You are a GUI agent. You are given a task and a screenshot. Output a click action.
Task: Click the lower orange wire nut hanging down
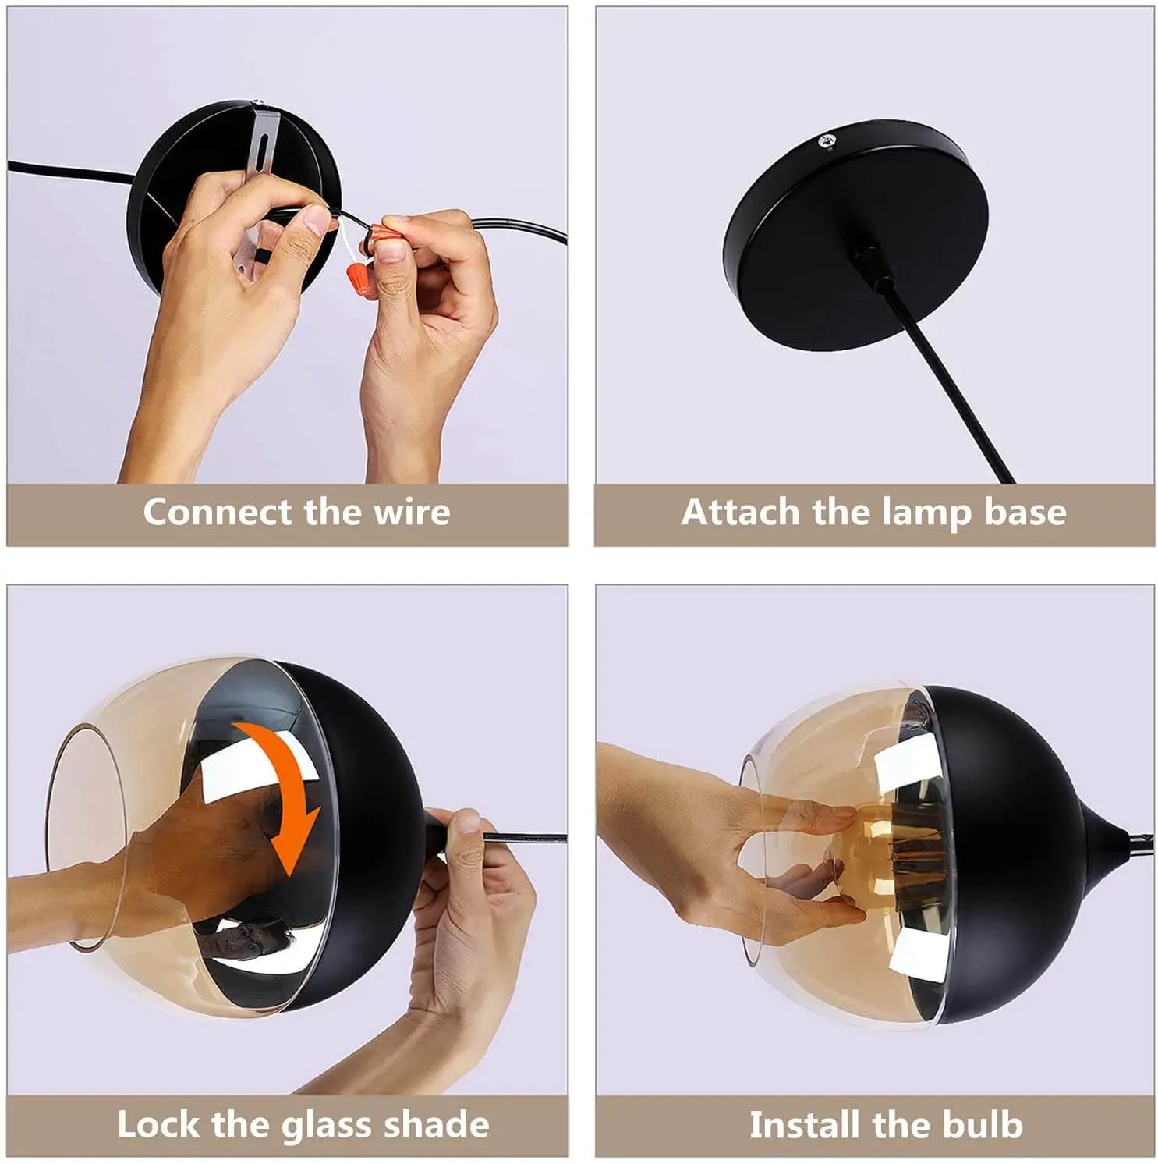357,276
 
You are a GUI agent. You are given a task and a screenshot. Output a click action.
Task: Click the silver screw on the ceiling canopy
825,141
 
